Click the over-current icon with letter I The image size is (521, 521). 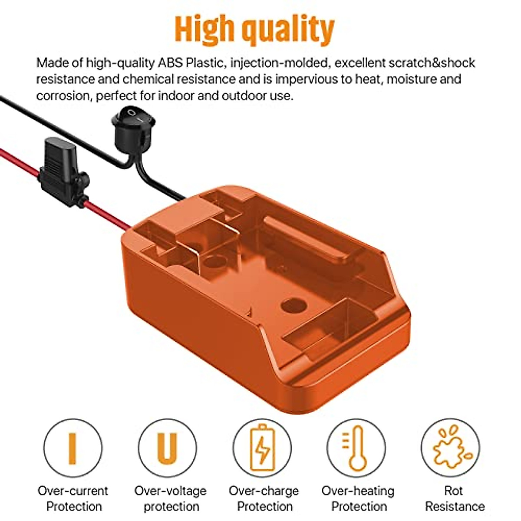[73, 448]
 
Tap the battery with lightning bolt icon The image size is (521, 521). [262, 448]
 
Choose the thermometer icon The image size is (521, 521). [356, 448]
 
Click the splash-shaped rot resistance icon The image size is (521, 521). [450, 448]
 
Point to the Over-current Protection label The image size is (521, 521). [73, 498]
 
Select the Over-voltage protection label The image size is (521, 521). [170, 498]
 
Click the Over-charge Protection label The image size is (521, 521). [264, 498]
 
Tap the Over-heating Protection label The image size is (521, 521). [358, 498]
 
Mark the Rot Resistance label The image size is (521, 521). [454, 498]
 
